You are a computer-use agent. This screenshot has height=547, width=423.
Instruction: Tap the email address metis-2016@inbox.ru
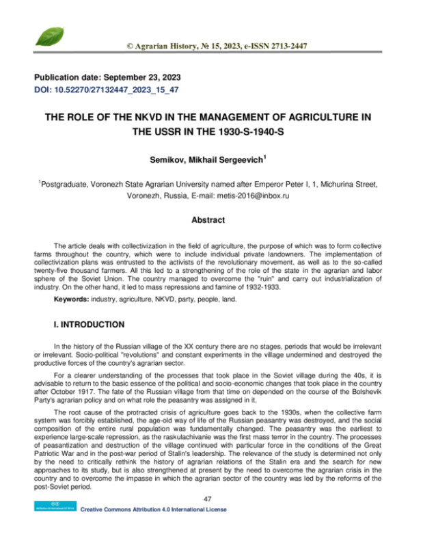tap(264, 195)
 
